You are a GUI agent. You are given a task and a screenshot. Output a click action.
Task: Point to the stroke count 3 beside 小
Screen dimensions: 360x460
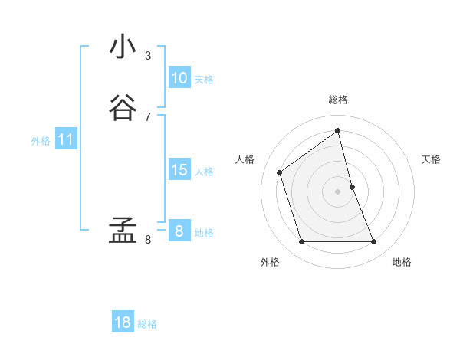click(x=148, y=56)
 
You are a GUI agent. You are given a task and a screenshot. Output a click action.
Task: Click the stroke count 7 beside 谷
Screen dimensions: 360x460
click(x=148, y=117)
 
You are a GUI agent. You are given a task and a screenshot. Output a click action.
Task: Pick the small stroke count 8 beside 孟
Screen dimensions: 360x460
click(x=148, y=240)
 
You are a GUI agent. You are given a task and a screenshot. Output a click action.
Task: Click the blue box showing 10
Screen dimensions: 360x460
click(x=179, y=78)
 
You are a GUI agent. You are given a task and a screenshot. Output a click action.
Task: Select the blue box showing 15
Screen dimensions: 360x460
click(x=179, y=170)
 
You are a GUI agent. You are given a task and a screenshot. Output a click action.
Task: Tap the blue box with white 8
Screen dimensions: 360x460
click(x=179, y=231)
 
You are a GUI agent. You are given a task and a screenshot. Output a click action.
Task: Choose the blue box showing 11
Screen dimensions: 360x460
click(x=66, y=139)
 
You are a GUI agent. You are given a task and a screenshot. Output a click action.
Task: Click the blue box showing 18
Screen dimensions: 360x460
click(x=123, y=322)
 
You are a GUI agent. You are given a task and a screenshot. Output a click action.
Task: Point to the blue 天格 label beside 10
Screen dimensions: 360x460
click(x=204, y=80)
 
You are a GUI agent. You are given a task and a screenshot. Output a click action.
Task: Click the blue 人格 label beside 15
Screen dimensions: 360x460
click(x=204, y=172)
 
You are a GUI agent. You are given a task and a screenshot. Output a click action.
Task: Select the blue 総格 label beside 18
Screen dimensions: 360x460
click(x=147, y=324)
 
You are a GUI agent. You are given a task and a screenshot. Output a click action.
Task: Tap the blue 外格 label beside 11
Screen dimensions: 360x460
click(x=41, y=141)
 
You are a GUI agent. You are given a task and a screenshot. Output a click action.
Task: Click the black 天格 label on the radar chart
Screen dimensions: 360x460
click(x=431, y=159)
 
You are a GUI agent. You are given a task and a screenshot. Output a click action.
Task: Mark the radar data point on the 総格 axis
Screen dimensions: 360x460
click(x=338, y=130)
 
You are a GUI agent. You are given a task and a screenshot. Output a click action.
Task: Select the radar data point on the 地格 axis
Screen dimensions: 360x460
click(x=374, y=242)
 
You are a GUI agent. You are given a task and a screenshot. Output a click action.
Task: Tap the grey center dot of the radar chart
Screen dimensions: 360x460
click(x=338, y=191)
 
